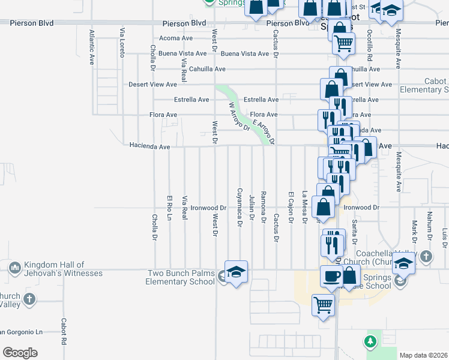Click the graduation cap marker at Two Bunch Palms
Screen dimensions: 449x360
pos(236,271)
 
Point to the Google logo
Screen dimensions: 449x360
pos(20,353)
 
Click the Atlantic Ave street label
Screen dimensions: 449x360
pos(92,47)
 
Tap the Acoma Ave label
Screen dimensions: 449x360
pos(178,38)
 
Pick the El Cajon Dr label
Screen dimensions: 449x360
pos(291,208)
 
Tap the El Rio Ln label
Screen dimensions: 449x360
pos(170,208)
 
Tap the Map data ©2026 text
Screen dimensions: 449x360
pos(423,355)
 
